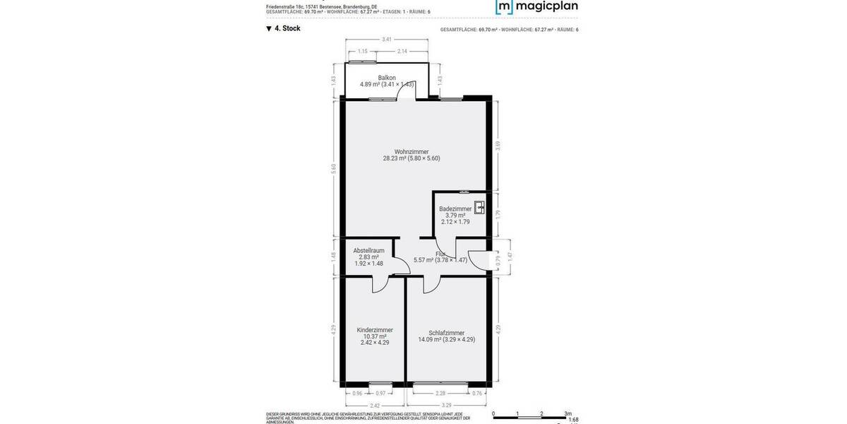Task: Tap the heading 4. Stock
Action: tap(283, 29)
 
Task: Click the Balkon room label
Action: tap(387, 78)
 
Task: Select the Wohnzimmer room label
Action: tap(412, 152)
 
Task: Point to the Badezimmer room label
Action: tap(455, 209)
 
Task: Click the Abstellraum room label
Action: tap(368, 250)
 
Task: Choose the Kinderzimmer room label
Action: tap(375, 330)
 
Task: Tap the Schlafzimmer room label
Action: tap(446, 332)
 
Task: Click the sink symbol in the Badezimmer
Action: tap(480, 208)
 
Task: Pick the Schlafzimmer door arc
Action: tap(432, 284)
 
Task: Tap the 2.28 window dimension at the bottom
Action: tap(441, 393)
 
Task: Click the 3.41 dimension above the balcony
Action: tap(386, 40)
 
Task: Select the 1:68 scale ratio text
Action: tap(573, 419)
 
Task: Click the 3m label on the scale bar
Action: tap(567, 413)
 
